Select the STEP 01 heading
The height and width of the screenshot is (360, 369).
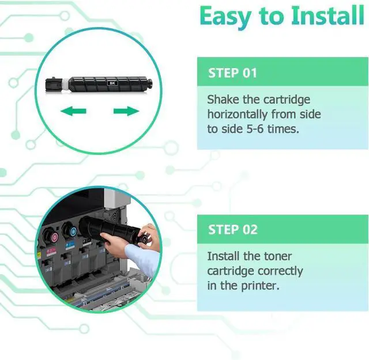point(232,73)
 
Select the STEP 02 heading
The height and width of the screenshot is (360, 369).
point(232,229)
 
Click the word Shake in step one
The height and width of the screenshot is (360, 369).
point(225,99)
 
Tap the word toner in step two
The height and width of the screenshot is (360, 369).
point(276,256)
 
